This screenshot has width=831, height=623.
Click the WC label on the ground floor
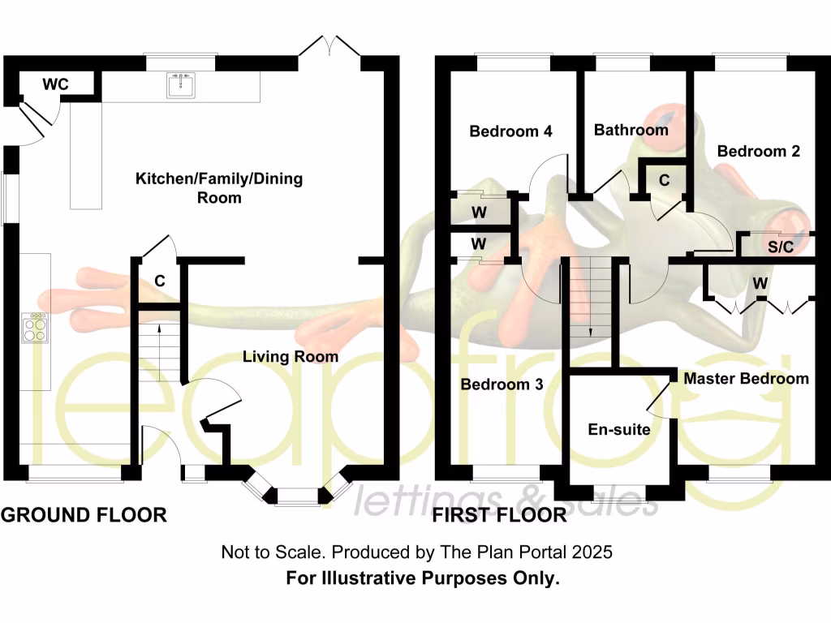55,84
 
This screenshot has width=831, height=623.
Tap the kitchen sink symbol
181,84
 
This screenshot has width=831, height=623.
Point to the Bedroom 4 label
511,131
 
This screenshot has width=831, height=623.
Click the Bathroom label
631,130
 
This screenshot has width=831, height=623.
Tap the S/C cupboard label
781,247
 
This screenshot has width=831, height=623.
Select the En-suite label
619,429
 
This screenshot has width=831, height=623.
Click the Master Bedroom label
746,378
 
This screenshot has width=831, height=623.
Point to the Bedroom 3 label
502,384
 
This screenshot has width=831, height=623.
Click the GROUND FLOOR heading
84,514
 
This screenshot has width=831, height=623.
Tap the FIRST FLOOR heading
500,514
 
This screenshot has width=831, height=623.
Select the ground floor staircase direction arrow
158,329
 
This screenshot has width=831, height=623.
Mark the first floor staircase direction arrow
590,331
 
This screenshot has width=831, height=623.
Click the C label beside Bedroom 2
665,180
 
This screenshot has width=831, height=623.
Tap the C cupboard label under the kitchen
160,281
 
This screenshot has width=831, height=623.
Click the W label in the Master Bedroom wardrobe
760,283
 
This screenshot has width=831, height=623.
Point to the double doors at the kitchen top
329,46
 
